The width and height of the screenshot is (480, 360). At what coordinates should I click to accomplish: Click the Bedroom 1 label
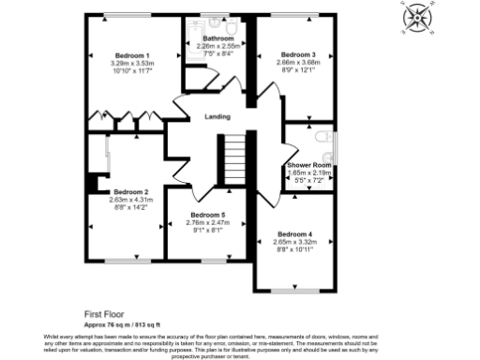coord(132,55)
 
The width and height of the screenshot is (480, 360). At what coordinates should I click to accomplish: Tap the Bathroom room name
coord(218,38)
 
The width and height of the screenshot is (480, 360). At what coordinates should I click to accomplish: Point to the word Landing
coord(219,117)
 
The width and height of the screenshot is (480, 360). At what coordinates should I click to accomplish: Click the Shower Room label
coord(310,165)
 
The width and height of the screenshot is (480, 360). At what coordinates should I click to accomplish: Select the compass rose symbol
coord(413,18)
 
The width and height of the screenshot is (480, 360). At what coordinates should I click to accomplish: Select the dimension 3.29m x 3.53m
coord(132,63)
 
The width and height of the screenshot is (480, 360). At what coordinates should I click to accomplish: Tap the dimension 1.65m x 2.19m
coord(310,172)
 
